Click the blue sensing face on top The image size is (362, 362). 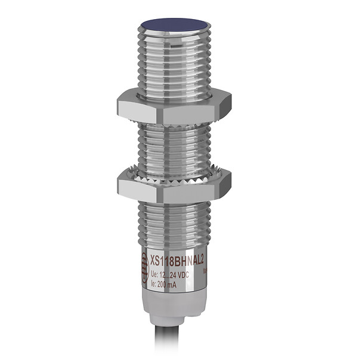(x=174, y=27)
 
